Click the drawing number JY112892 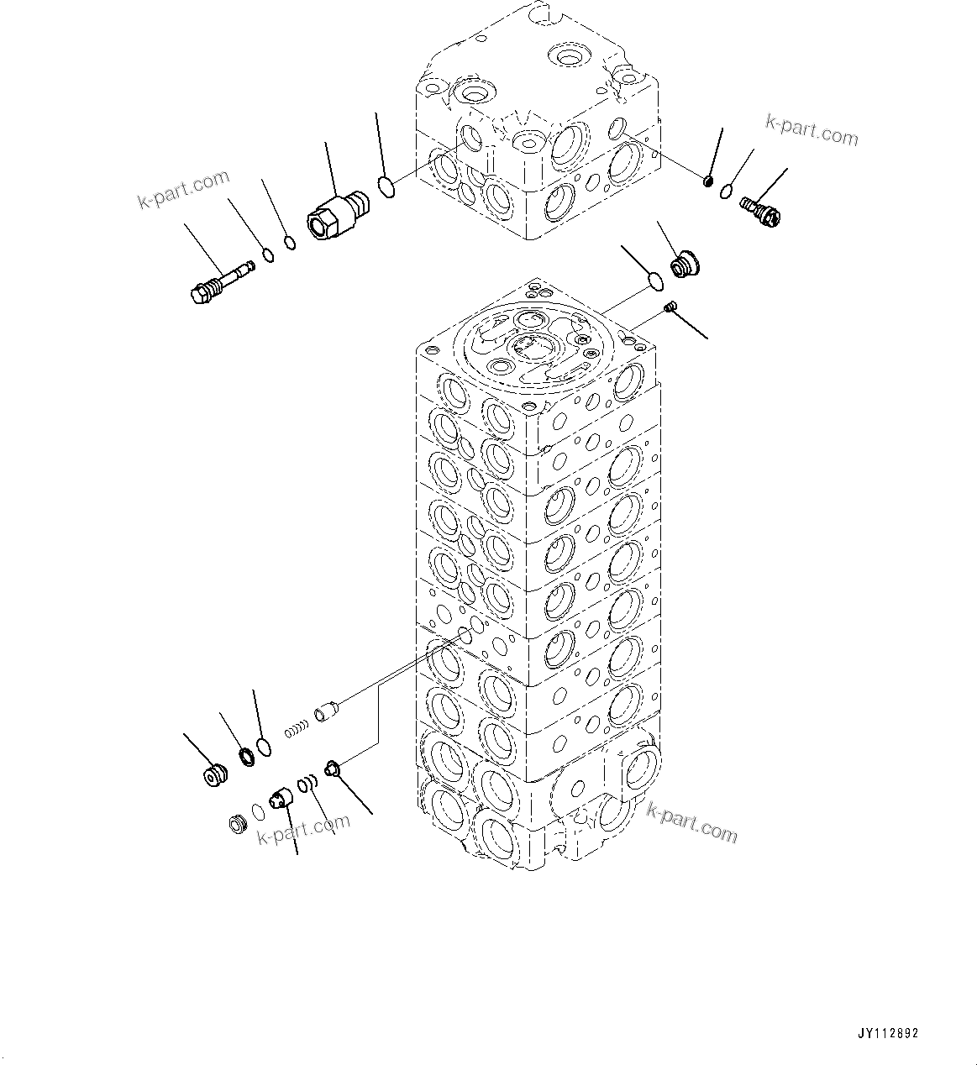pos(889,1032)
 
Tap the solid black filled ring pos(707,180)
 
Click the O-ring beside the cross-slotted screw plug pos(726,194)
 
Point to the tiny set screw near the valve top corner pos(670,307)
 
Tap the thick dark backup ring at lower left pos(247,757)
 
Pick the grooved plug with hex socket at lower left pos(216,774)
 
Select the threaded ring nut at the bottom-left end pos(237,824)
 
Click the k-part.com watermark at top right pos(811,130)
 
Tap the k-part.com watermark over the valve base pos(691,821)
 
